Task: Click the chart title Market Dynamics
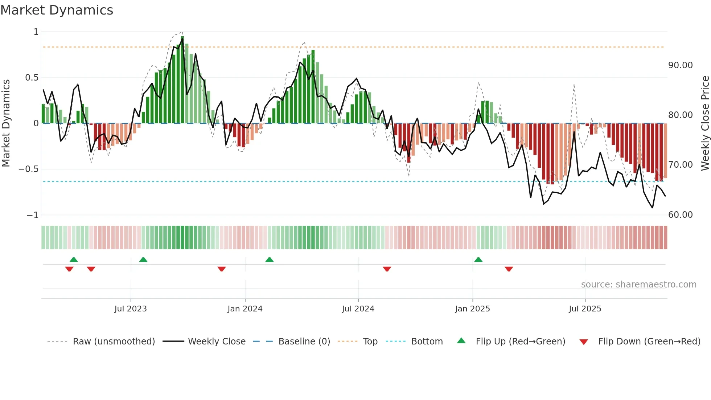click(x=57, y=10)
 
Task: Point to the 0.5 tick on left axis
click(x=32, y=77)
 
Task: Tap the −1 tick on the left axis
click(x=32, y=215)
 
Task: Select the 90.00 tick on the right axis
click(x=680, y=65)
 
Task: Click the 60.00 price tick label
click(x=680, y=215)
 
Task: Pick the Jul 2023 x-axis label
click(x=131, y=309)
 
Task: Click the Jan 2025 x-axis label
click(x=472, y=309)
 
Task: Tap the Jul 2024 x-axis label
click(x=358, y=309)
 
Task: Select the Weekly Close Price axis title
click(x=705, y=123)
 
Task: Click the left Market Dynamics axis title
click(x=6, y=123)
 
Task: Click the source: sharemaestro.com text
click(x=638, y=285)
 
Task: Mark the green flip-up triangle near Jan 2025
click(x=478, y=260)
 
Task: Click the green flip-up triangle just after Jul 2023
click(x=143, y=260)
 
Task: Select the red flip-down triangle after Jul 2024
click(x=387, y=269)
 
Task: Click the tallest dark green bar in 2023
click(x=182, y=80)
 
